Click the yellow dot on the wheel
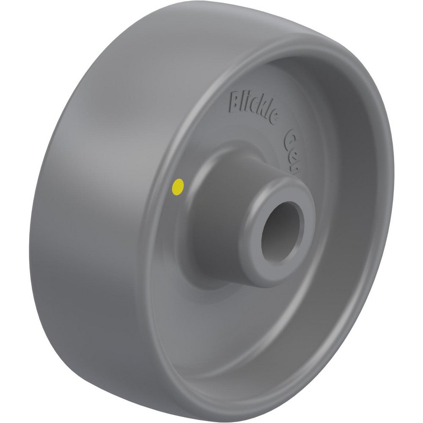tap(179, 186)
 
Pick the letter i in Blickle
tap(247, 103)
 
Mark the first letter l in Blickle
tap(242, 102)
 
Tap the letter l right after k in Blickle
tap(266, 113)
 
